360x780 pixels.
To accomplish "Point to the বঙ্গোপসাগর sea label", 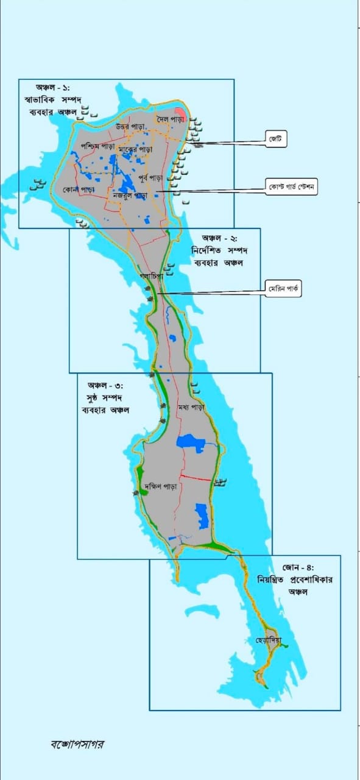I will (78, 743).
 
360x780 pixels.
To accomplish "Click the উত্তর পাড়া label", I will (130, 126).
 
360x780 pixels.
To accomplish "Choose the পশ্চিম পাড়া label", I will (97, 147).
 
